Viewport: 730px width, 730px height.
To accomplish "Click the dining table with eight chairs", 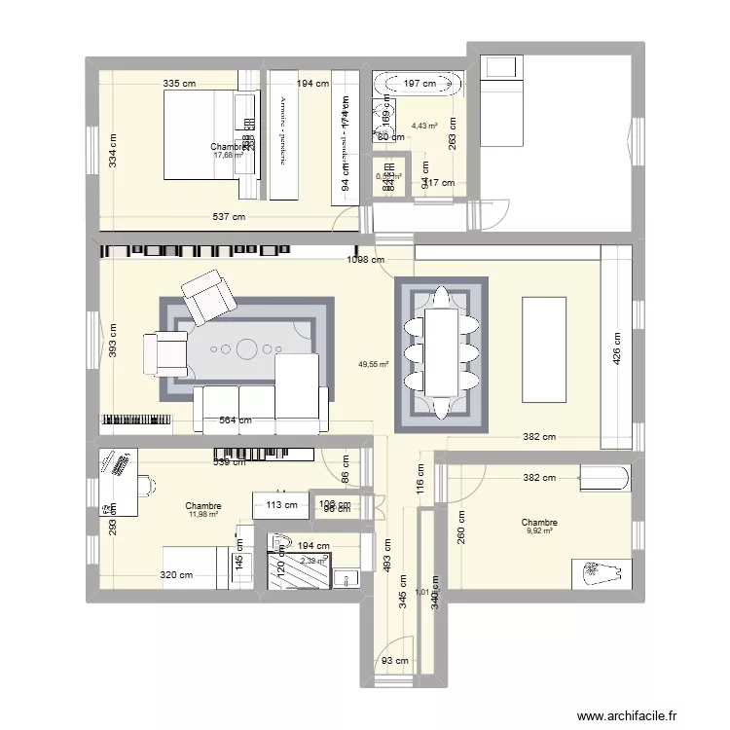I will [440, 352].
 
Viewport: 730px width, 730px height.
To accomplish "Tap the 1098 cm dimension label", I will [365, 260].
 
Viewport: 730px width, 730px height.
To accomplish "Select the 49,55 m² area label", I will [374, 364].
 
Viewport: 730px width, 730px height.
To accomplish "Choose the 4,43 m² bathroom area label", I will [424, 126].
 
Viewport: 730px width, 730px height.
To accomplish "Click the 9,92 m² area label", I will [539, 531].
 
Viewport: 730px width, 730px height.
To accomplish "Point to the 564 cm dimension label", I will [235, 420].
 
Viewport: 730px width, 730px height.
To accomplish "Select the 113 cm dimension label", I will [277, 504].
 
